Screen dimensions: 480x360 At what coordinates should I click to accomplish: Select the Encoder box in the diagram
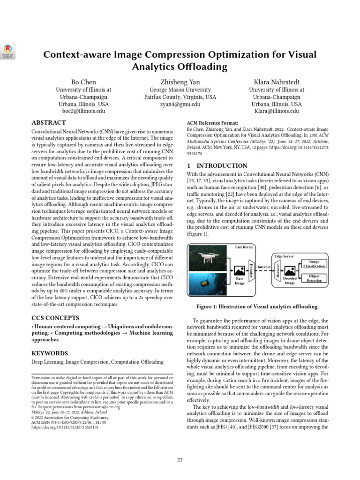[251, 270]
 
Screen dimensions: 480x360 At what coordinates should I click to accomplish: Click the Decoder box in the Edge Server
[277, 270]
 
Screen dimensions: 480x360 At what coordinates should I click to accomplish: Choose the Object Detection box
[314, 278]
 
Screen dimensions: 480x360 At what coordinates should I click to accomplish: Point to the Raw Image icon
[240, 271]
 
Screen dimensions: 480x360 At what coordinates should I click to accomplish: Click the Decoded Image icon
[290, 271]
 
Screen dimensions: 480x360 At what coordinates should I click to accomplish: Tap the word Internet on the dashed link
[264, 267]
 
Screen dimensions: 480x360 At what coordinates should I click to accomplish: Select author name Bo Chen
[83, 82]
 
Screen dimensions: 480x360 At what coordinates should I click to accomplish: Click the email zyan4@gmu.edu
[180, 105]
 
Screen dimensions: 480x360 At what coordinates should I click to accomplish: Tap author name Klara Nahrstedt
[276, 82]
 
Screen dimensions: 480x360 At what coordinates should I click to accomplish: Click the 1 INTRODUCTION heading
[217, 165]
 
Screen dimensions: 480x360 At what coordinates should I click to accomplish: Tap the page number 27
[180, 460]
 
